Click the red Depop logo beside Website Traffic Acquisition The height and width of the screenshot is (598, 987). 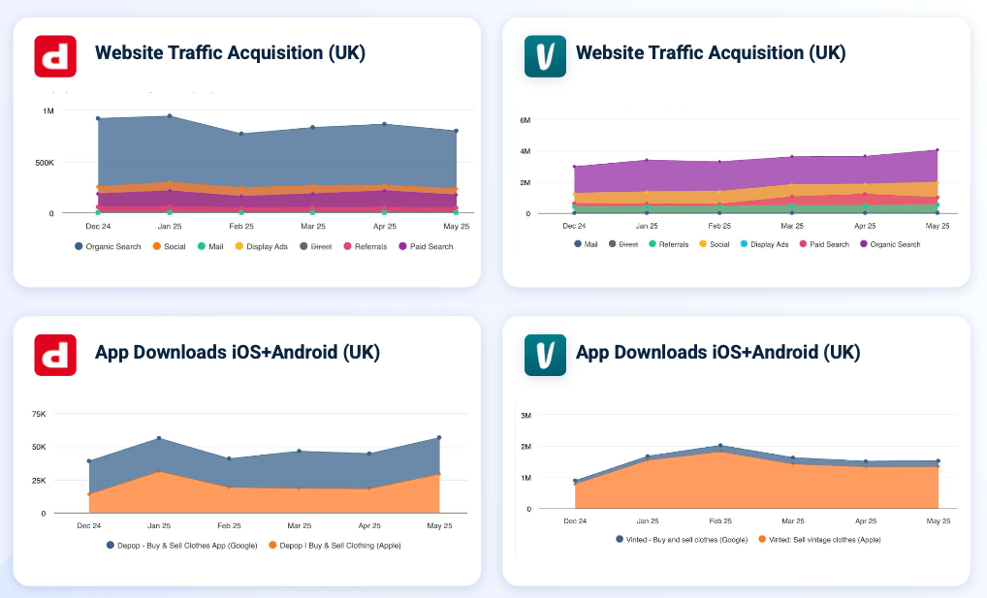pyautogui.click(x=55, y=55)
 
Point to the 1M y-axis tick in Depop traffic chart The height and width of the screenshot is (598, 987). pyautogui.click(x=48, y=110)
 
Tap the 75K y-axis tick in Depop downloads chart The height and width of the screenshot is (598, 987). pyautogui.click(x=39, y=414)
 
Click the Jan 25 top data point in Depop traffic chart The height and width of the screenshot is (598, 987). pyautogui.click(x=170, y=116)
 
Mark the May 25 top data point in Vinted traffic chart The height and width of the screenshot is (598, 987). pyautogui.click(x=937, y=150)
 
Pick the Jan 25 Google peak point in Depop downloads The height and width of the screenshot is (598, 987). pyautogui.click(x=158, y=439)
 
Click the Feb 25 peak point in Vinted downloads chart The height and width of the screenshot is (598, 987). pyautogui.click(x=719, y=446)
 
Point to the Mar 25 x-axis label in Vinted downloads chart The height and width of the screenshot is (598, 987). pyautogui.click(x=792, y=520)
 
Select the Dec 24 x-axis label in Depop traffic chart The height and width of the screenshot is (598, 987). pyautogui.click(x=98, y=225)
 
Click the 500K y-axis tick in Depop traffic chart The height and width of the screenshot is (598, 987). pyautogui.click(x=45, y=162)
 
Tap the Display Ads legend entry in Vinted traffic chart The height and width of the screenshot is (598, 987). pyautogui.click(x=769, y=244)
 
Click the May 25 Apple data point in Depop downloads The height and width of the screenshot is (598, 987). pyautogui.click(x=439, y=474)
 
